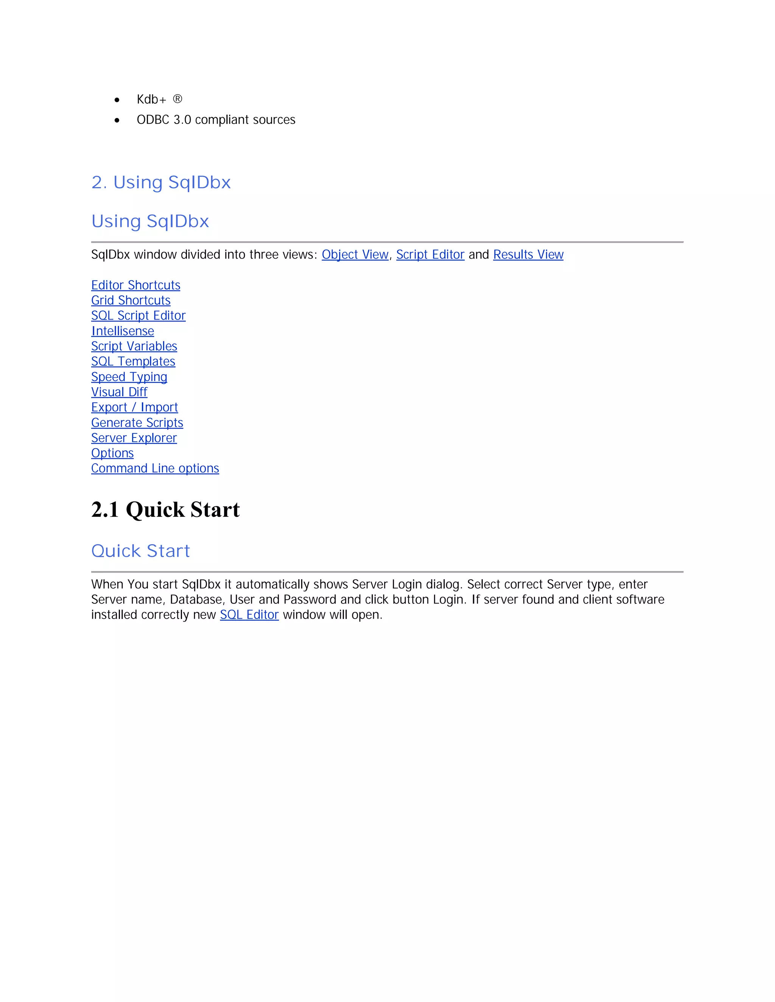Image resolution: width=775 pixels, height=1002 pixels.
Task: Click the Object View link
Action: coord(355,254)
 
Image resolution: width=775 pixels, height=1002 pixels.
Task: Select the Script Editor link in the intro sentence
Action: coord(430,254)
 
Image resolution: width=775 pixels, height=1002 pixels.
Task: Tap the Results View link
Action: coord(528,254)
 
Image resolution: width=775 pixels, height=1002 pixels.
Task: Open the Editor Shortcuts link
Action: coord(135,285)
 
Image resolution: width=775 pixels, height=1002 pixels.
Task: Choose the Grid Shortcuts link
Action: coord(131,301)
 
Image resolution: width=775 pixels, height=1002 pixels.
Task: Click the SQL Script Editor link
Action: coord(138,316)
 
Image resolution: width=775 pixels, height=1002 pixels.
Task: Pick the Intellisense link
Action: coord(123,331)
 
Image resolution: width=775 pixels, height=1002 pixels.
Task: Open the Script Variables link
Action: coord(134,346)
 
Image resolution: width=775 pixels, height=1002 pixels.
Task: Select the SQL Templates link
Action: coord(133,361)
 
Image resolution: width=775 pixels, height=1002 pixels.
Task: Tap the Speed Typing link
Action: coord(129,377)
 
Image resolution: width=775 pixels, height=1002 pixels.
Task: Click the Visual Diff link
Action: coord(119,392)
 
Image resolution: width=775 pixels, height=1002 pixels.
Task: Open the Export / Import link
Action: coord(134,407)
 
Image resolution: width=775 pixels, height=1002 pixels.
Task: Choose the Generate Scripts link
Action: coord(137,423)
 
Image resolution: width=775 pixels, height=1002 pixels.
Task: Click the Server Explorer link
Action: coord(134,438)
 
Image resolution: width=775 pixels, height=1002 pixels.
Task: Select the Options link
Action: coord(112,453)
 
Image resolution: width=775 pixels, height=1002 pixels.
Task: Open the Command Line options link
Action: coord(155,468)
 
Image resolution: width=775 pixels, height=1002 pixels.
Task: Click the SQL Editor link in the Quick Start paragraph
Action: coord(249,615)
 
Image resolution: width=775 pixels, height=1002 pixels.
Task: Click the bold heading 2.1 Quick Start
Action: coord(165,510)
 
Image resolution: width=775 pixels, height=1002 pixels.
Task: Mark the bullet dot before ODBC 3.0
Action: coord(117,121)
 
